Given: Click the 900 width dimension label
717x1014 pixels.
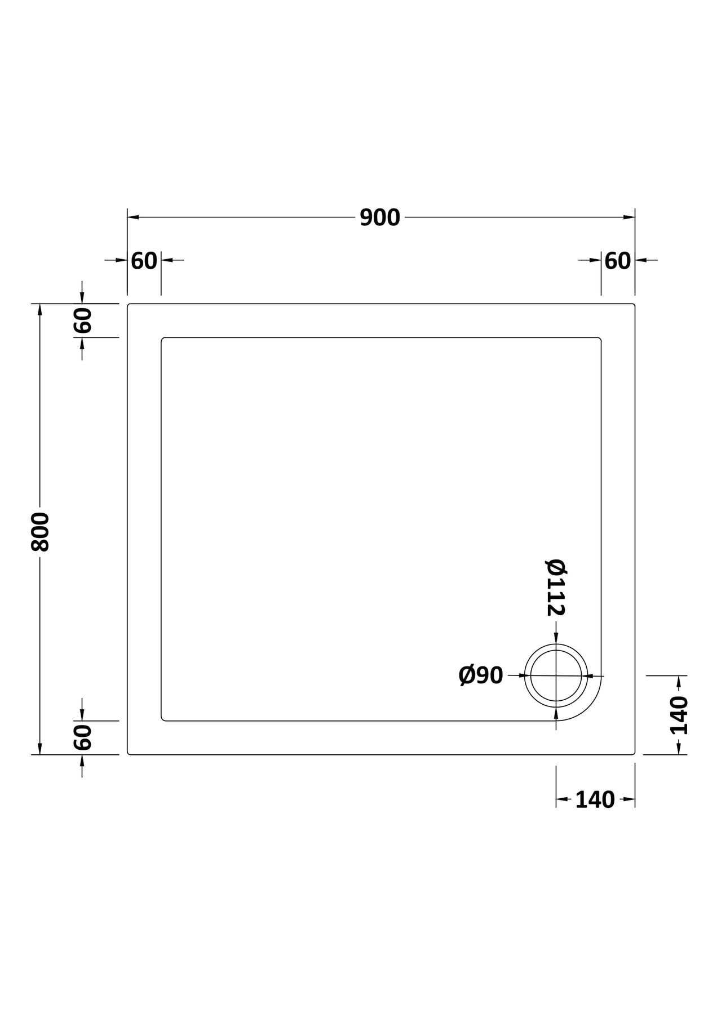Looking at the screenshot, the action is (x=380, y=217).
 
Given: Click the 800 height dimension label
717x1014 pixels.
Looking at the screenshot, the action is (x=41, y=532).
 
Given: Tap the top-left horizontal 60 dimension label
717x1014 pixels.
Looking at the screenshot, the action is (x=144, y=261).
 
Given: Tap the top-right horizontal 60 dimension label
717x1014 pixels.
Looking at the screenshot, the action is (x=618, y=261).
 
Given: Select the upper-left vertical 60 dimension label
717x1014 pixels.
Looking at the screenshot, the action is (x=82, y=321).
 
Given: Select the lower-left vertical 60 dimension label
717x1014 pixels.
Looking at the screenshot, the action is (x=82, y=737).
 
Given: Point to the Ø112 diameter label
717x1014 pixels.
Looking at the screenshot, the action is (x=556, y=588).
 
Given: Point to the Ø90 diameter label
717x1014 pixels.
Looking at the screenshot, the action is (x=481, y=675).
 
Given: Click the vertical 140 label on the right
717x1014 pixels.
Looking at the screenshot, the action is (x=679, y=715).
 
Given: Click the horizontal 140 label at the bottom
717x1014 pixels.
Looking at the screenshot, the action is (x=595, y=800).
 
